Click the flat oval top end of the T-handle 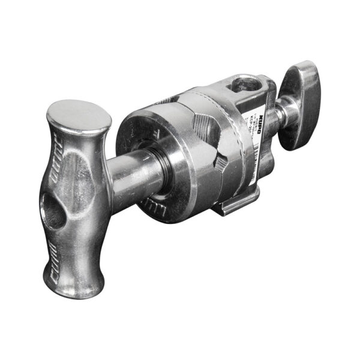(x=79, y=116)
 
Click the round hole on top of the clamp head (x=248, y=83)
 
